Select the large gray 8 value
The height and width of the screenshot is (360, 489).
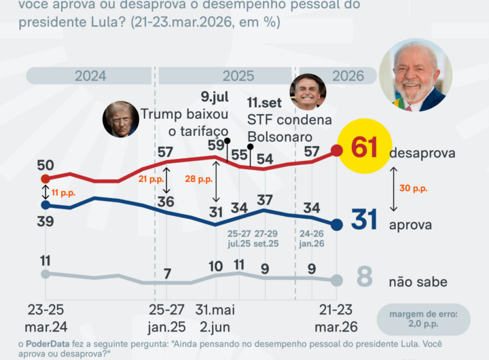point(365,278)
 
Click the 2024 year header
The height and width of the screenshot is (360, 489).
point(90,76)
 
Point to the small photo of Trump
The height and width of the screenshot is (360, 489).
point(120,120)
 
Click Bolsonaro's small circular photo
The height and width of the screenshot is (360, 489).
point(308,92)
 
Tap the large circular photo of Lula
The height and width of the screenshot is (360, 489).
point(416,75)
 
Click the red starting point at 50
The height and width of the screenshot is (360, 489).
point(46,179)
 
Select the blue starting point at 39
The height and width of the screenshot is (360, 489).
point(46,204)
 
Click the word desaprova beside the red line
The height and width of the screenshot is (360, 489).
point(422,154)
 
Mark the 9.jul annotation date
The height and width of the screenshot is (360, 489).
point(215,96)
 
